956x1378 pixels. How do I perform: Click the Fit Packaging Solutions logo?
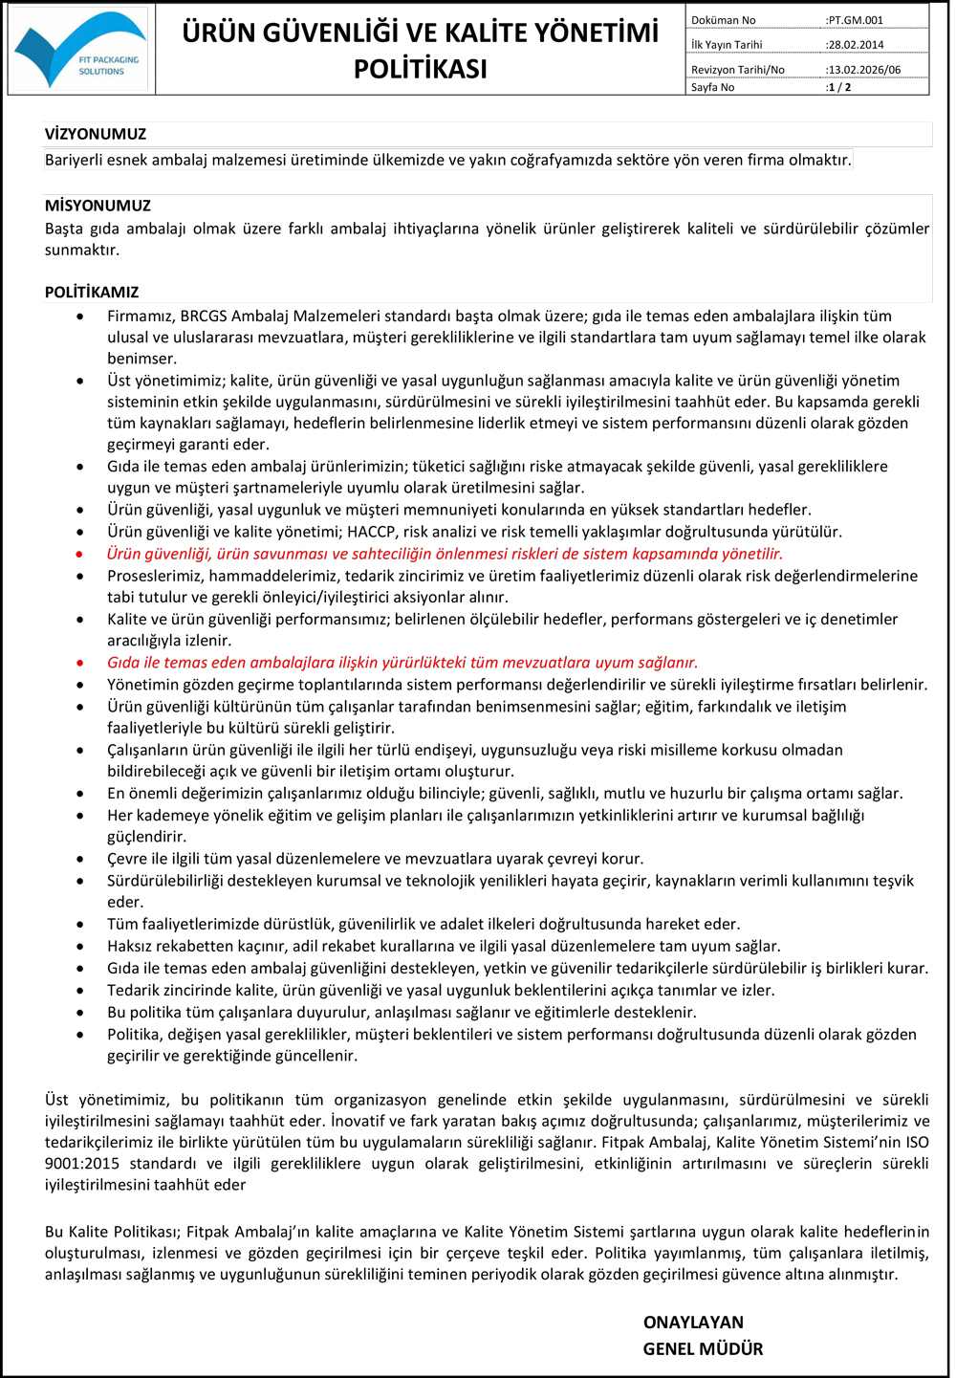click(80, 50)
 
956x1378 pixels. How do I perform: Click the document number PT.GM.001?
click(857, 20)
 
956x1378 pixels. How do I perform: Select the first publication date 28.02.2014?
click(857, 44)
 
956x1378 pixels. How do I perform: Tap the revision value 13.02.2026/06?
click(864, 70)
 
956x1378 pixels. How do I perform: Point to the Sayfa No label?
click(713, 87)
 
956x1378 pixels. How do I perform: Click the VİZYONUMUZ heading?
click(96, 134)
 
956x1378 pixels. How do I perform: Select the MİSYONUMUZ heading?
click(98, 206)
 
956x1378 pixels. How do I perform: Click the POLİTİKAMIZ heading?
click(92, 292)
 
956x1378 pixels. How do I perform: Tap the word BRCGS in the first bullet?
click(204, 316)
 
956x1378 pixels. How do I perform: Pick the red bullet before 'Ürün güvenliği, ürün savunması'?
click(80, 554)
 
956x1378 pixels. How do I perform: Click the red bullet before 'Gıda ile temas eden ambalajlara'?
click(80, 663)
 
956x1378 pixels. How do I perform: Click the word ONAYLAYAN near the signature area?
click(693, 1323)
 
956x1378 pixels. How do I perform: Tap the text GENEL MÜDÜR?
click(703, 1349)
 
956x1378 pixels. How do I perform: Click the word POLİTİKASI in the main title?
click(421, 69)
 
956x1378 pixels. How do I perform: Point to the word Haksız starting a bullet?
click(132, 946)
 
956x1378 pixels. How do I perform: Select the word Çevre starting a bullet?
click(128, 859)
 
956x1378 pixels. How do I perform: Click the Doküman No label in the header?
click(724, 20)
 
